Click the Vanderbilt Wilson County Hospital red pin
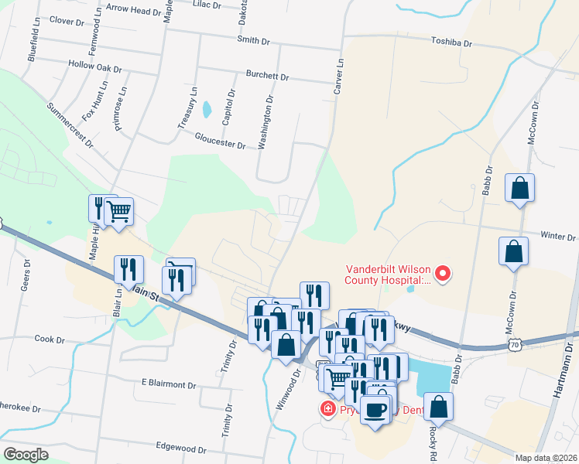click(443, 273)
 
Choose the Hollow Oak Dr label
click(95, 67)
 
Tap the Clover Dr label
click(66, 21)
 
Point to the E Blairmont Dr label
click(169, 384)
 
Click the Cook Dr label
click(49, 339)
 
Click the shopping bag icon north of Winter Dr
click(520, 188)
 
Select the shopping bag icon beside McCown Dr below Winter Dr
click(514, 252)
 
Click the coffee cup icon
click(376, 410)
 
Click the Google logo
click(26, 455)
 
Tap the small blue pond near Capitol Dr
click(206, 110)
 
